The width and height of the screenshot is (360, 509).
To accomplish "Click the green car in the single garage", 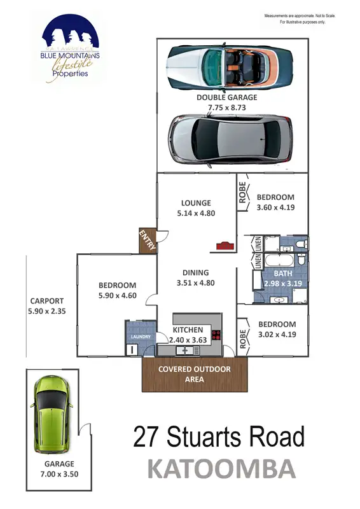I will (51, 412).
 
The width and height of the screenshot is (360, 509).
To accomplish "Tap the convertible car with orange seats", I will (229, 66).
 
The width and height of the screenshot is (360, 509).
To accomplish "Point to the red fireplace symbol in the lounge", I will (224, 245).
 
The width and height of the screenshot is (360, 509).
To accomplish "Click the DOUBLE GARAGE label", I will (226, 98).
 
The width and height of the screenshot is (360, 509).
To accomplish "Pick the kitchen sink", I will (187, 350).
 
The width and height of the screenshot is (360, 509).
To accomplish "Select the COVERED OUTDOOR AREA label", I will (194, 374).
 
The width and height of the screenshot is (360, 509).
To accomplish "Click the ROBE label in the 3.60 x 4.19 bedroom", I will (242, 193).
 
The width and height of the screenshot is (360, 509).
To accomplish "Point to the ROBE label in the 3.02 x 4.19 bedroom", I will (242, 338).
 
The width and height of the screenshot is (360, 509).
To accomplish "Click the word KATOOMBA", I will (221, 469).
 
